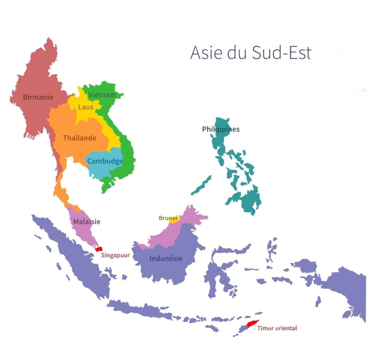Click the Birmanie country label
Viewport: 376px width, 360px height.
(38, 97)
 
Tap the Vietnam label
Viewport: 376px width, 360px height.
(102, 95)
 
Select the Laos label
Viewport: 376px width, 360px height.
(86, 107)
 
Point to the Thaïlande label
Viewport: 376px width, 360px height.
(79, 138)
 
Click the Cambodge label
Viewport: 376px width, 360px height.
(105, 161)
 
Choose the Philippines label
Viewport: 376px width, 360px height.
(221, 129)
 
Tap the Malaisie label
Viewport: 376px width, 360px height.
(87, 222)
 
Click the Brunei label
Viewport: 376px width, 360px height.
(168, 218)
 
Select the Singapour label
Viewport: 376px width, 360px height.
(115, 255)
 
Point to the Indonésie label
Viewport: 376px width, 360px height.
(166, 259)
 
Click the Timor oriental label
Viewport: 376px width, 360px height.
(277, 328)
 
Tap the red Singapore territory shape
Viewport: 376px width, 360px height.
(98, 249)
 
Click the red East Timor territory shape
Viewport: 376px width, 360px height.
(253, 324)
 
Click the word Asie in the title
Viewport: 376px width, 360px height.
(206, 53)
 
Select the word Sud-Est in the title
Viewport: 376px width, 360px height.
(282, 53)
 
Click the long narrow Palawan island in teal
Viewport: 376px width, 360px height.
(201, 186)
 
